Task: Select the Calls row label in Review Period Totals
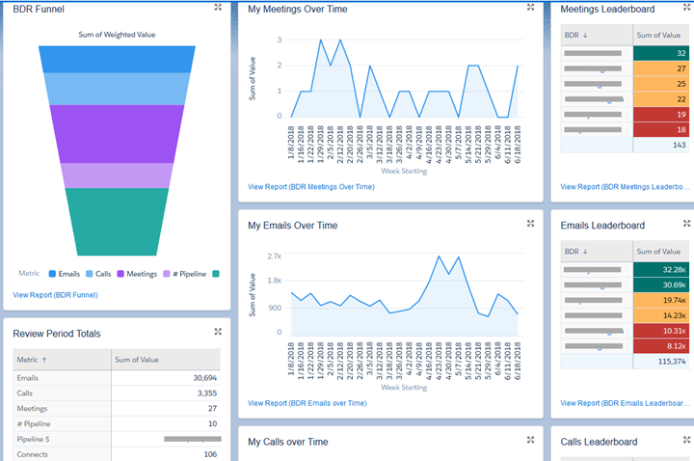click(26, 393)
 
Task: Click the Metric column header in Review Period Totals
click(29, 360)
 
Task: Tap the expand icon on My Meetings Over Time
click(530, 8)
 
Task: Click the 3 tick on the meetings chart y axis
click(279, 41)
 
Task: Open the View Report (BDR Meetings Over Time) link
click(310, 186)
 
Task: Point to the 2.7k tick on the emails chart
click(274, 258)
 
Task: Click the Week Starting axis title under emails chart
click(404, 388)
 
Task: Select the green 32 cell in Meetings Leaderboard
click(660, 53)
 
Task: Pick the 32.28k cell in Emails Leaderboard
click(660, 269)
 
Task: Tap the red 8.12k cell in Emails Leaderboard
click(660, 345)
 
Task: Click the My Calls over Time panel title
click(287, 442)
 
